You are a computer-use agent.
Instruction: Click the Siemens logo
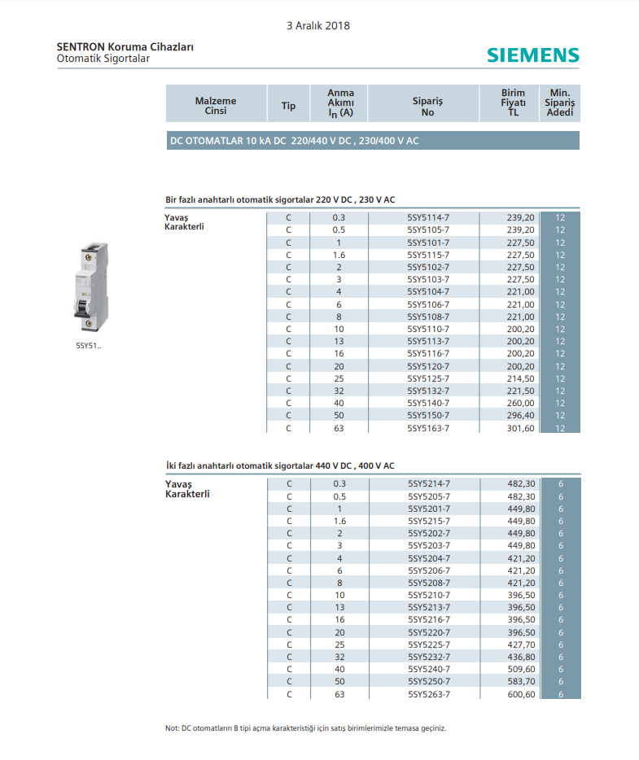tap(533, 55)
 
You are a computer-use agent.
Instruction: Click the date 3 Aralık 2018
tap(318, 26)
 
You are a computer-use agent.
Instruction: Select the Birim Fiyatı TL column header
tap(513, 103)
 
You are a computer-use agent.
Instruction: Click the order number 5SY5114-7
tap(428, 218)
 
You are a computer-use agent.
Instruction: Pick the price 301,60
tap(521, 428)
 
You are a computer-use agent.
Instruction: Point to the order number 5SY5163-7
tap(428, 428)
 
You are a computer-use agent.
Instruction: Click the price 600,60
tap(521, 694)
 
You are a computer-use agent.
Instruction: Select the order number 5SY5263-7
tap(429, 694)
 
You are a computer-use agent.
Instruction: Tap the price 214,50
tap(521, 378)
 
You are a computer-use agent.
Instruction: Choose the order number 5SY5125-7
tap(428, 378)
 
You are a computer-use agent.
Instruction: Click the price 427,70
tap(521, 644)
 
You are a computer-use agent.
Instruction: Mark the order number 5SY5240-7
tap(429, 669)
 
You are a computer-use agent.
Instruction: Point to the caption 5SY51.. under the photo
tap(89, 346)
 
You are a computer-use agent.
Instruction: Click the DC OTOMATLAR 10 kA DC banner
tap(373, 141)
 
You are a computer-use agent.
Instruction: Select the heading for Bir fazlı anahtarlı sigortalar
tap(280, 199)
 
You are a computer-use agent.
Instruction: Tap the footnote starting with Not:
tap(305, 728)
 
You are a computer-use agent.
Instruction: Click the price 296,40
tap(521, 416)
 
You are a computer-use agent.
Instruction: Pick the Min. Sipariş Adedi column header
tap(560, 103)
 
